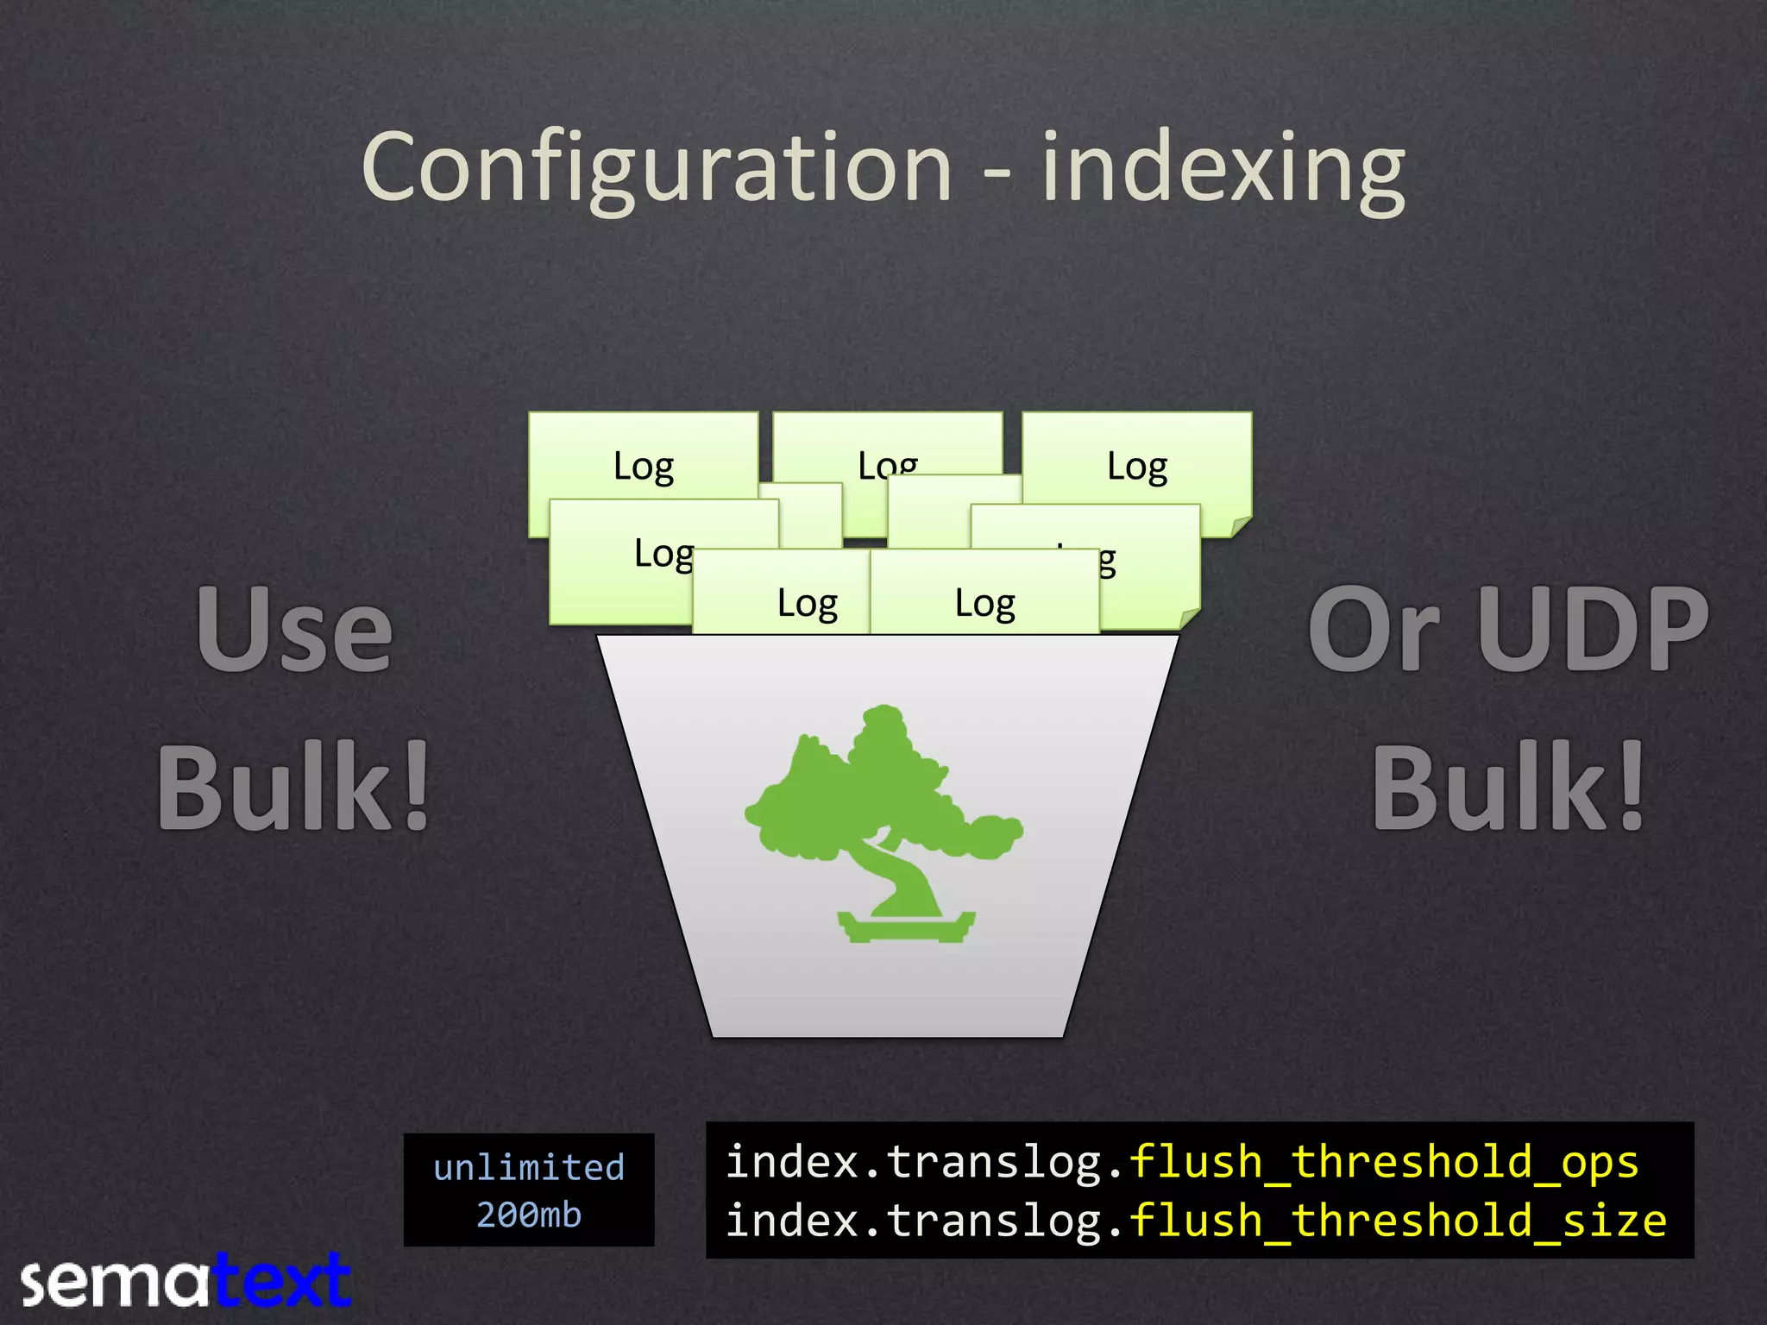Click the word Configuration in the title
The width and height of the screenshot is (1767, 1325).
point(656,168)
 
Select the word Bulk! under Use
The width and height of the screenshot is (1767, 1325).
point(294,787)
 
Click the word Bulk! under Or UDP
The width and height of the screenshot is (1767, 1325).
point(1510,787)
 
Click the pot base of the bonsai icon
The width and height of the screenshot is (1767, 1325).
point(906,926)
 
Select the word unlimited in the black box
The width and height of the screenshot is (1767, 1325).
point(529,1167)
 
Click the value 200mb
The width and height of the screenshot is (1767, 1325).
point(529,1215)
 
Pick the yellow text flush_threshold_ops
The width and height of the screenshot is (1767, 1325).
point(1383,1161)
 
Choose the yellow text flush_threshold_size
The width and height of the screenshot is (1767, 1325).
point(1398,1220)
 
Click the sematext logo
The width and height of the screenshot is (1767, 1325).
point(186,1282)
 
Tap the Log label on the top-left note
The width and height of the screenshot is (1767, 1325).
point(643,467)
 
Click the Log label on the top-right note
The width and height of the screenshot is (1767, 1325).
point(1136,467)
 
